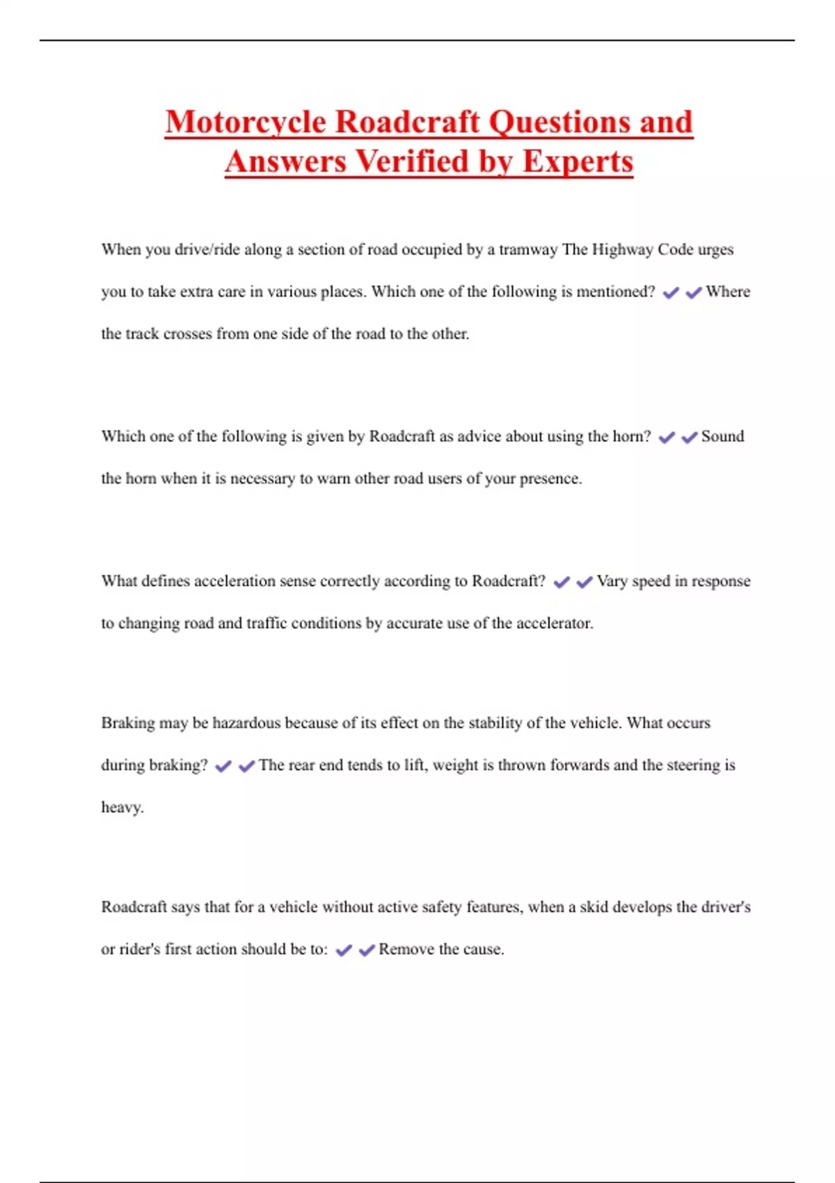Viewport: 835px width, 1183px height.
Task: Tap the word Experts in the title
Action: [x=578, y=162]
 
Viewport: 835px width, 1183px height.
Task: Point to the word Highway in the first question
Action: [x=622, y=250]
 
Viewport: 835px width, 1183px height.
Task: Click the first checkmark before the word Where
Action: [x=671, y=293]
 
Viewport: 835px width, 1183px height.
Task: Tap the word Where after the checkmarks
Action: [x=728, y=292]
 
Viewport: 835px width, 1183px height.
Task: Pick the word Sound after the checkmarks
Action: [x=722, y=436]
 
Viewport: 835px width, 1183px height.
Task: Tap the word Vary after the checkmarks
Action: [x=611, y=581]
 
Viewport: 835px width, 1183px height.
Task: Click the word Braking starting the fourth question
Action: [x=128, y=723]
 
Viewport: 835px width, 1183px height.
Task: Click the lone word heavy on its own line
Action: [x=122, y=807]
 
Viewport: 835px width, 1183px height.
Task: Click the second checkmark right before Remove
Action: [x=367, y=950]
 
